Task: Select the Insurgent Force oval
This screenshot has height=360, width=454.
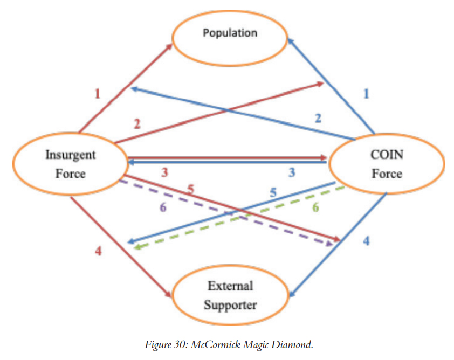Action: (x=70, y=164)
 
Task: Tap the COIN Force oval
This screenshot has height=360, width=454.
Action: (x=387, y=164)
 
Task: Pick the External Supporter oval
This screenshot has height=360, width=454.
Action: (x=230, y=295)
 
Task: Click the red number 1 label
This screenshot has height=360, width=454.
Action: (x=97, y=94)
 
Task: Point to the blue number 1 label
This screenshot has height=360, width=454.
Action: (x=366, y=93)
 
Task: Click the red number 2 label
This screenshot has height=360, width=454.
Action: (x=137, y=124)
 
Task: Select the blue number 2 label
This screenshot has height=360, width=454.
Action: (x=318, y=118)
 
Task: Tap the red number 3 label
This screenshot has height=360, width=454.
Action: (x=165, y=172)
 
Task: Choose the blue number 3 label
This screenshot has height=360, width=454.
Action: (x=292, y=172)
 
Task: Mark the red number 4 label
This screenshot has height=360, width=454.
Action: (x=98, y=251)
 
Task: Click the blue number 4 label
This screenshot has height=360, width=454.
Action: (x=366, y=241)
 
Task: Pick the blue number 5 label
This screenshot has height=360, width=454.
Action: (x=273, y=192)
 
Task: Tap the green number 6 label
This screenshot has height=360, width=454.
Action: (x=315, y=206)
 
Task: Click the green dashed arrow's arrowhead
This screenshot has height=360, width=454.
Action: (x=138, y=247)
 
